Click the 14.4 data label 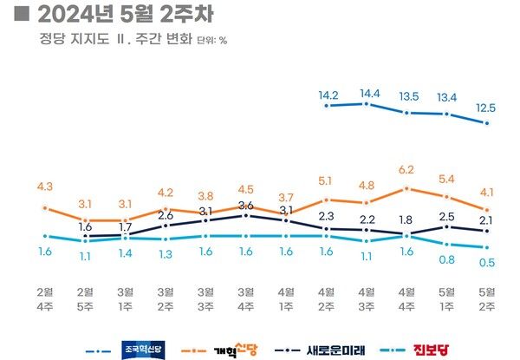[367, 92]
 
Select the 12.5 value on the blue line [487, 107]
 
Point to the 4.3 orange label [45, 187]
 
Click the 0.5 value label [487, 263]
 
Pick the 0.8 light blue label [447, 259]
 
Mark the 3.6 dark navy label [246, 206]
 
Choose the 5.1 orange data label [327, 181]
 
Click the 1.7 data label [126, 227]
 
